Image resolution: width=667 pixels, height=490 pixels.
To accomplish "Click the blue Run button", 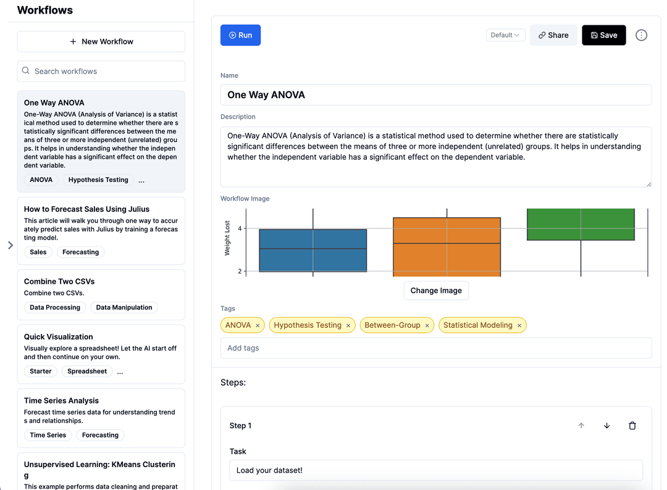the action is pos(240,35).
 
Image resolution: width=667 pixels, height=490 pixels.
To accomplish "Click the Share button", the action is pos(553,35).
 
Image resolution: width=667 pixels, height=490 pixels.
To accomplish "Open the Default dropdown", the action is pos(505,35).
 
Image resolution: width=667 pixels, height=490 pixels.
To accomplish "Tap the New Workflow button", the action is pos(101,41).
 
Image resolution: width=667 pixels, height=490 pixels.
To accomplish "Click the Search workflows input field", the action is pos(101,72).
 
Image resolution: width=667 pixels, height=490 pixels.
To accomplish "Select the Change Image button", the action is pos(436,291).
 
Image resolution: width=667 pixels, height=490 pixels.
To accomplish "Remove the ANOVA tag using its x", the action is pos(258,325).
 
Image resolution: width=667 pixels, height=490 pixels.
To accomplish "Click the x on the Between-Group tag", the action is pos(427,325).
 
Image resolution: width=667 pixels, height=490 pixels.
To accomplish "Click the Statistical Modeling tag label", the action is pos(477,325).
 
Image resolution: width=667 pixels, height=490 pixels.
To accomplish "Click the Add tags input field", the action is pos(436,348).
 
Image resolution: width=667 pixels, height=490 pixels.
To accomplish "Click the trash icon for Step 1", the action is pos(632,425).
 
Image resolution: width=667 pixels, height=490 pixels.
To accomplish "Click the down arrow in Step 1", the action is pos(606,425).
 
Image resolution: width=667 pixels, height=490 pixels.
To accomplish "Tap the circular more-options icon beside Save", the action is pos(641,35).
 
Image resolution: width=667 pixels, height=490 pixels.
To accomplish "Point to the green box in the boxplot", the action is pos(581,225).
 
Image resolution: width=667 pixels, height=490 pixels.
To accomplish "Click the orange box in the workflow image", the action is pos(447,247).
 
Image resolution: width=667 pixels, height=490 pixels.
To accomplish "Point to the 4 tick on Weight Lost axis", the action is pos(240,228).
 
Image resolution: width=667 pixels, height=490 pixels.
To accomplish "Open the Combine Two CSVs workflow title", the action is pos(59,281).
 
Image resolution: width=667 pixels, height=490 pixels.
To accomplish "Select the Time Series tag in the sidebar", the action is pos(48,435).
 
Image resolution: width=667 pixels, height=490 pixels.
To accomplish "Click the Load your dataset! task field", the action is pos(436,470).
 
